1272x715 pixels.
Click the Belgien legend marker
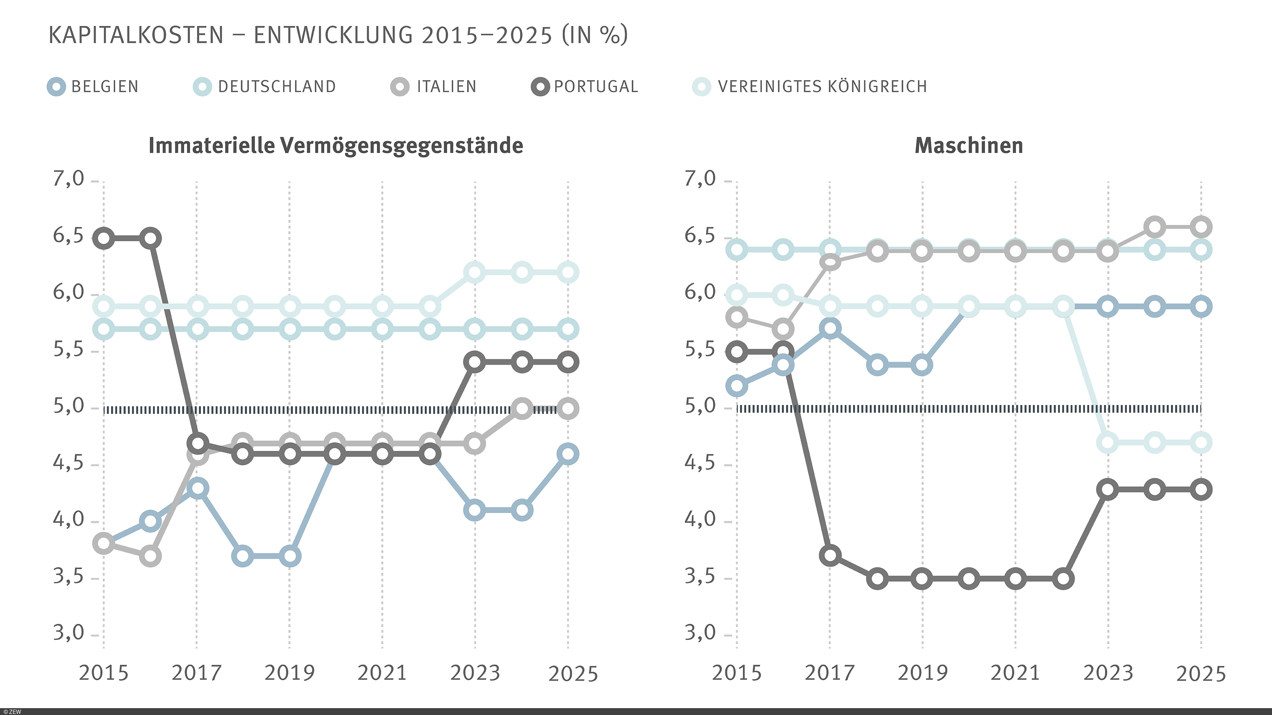coord(56,87)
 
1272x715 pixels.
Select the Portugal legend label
coord(596,87)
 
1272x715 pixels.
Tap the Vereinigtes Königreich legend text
coord(822,87)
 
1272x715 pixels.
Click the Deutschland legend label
coord(277,87)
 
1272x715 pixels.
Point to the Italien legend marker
coord(399,87)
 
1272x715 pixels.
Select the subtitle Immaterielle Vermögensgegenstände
coord(336,146)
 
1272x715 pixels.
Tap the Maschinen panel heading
coord(969,146)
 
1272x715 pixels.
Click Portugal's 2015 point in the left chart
coord(104,238)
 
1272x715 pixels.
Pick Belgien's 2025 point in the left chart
coord(568,454)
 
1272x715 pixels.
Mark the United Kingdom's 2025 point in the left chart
coord(568,273)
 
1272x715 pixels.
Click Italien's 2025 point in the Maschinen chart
coord(1201,227)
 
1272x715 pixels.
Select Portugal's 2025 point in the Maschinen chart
coord(1201,489)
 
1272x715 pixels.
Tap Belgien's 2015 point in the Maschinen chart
coord(737,385)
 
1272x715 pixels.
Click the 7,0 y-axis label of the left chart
coord(69,179)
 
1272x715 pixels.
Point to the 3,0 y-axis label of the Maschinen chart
coord(700,633)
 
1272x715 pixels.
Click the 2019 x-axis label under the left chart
coord(289,673)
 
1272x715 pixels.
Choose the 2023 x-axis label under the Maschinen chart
coord(1108,673)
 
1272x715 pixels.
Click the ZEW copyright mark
coord(11,712)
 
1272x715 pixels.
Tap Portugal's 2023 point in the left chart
coord(475,362)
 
